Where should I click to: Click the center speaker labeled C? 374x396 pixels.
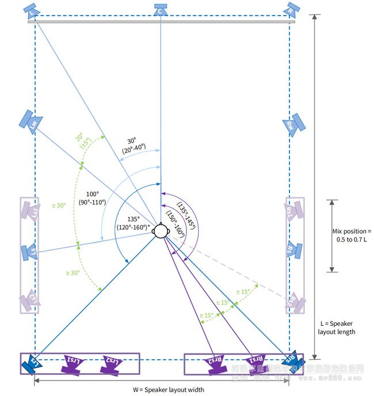[161, 9]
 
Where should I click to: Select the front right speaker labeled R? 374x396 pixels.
[292, 9]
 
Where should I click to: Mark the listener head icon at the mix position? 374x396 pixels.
[161, 230]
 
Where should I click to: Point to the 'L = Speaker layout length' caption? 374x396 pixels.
[337, 327]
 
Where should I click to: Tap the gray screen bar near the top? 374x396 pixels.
[162, 22]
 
